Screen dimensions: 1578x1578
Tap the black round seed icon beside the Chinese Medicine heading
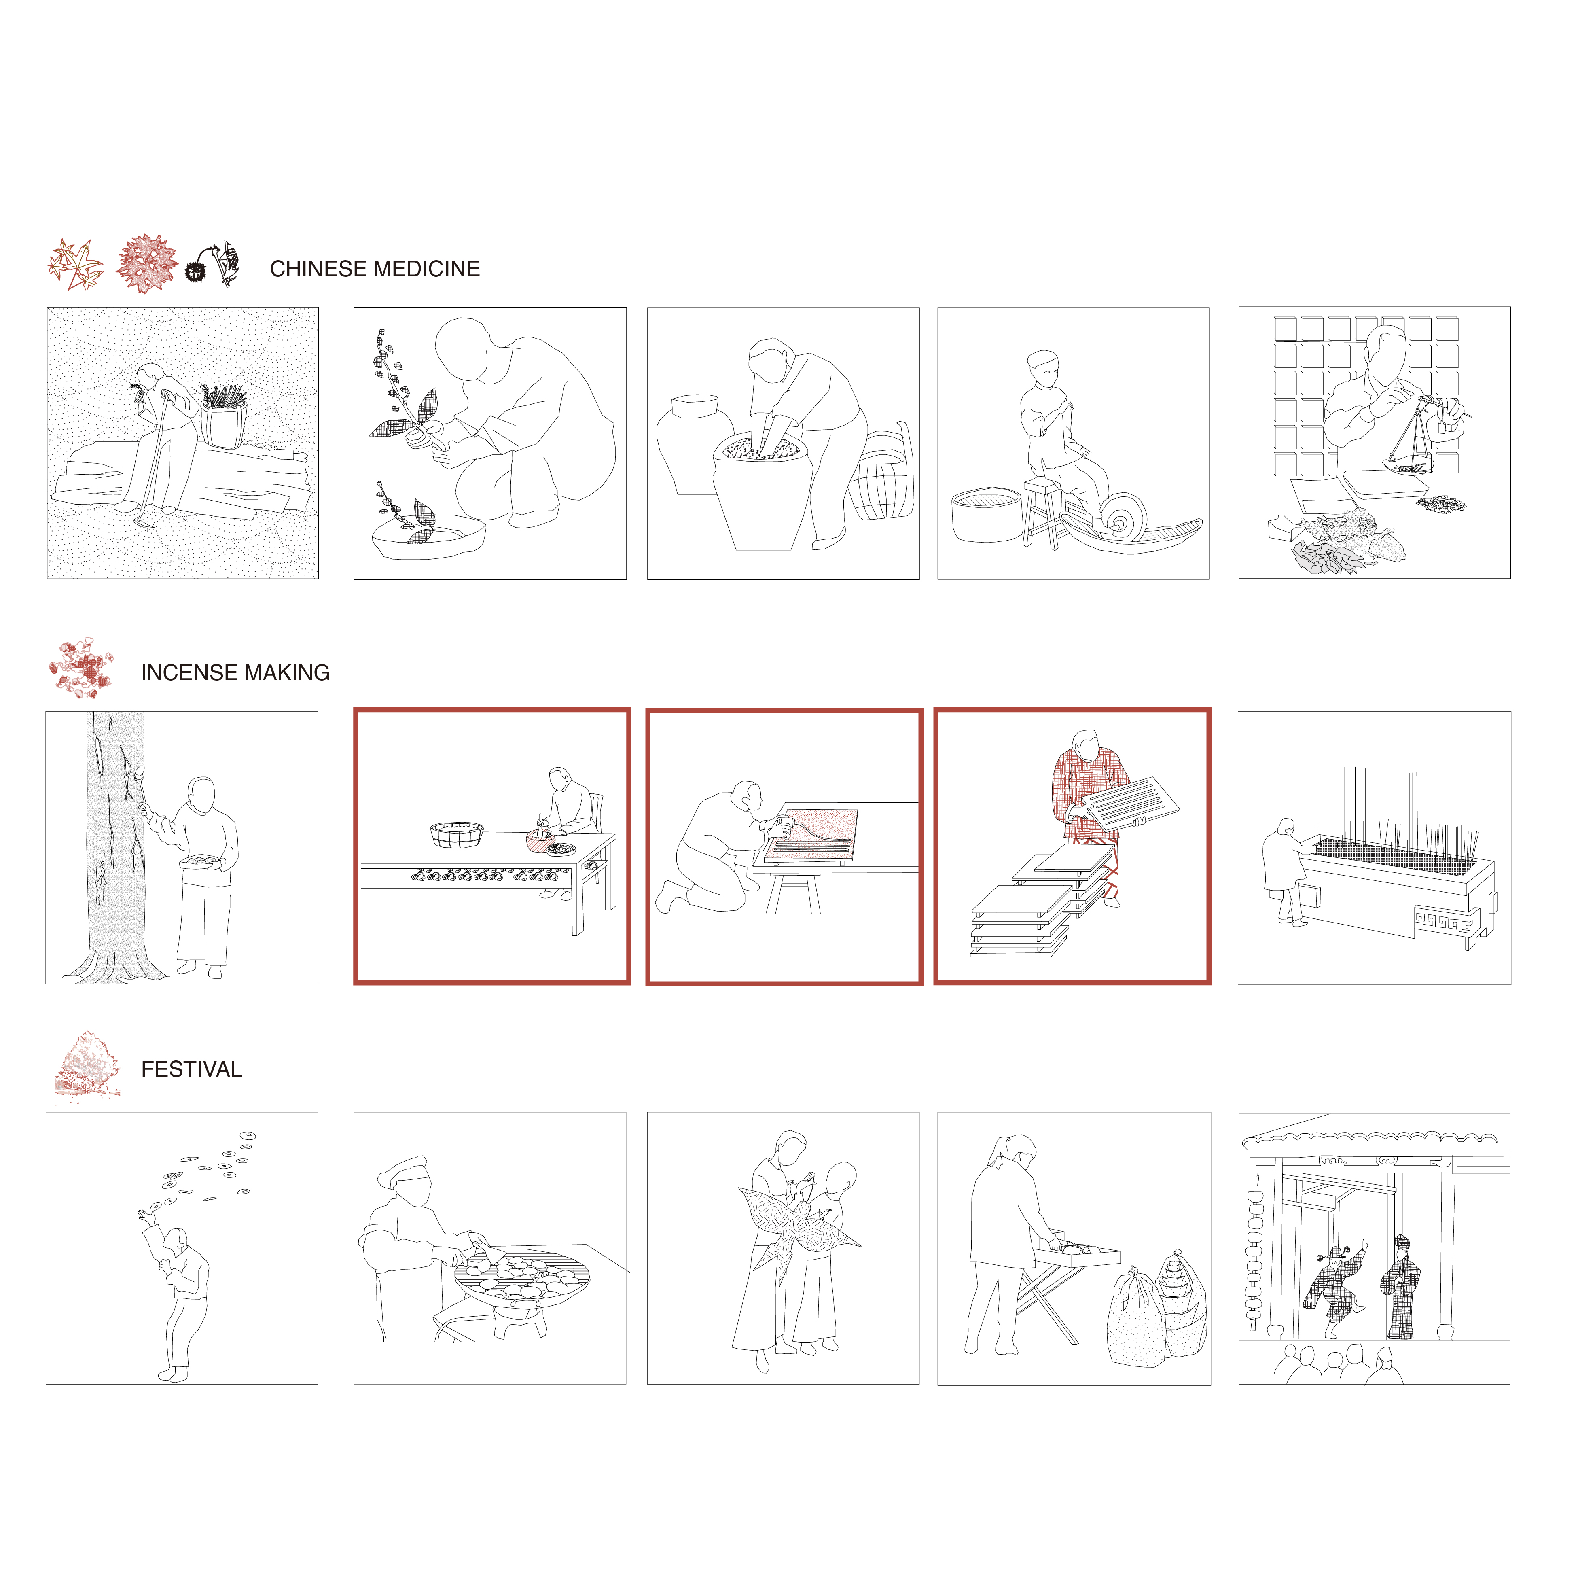[x=196, y=272]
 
